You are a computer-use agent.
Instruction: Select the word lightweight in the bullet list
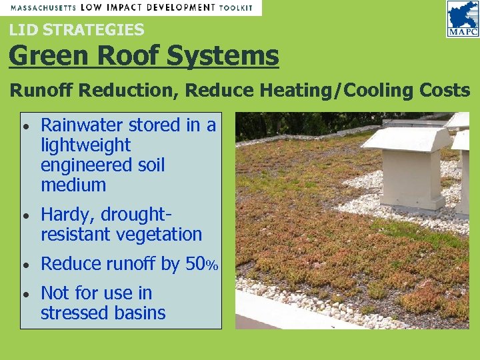pos(85,145)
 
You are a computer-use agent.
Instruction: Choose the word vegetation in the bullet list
pos(159,234)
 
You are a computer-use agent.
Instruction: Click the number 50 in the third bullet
pos(194,264)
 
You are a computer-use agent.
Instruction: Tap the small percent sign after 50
pos(211,265)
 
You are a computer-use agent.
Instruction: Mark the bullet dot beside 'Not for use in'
pos(25,293)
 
